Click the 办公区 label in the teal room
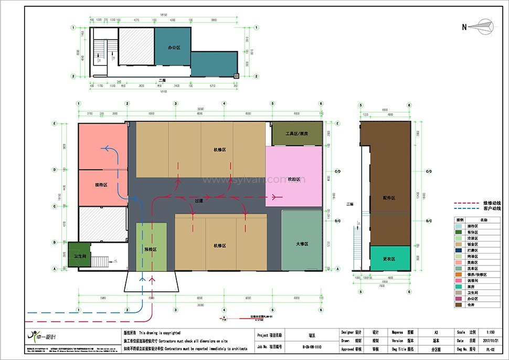tap(174, 47)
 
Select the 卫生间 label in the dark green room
tap(79, 256)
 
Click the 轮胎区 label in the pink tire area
tap(293, 179)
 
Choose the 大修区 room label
tap(302, 244)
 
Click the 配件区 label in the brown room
tap(389, 198)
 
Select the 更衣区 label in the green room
tap(389, 258)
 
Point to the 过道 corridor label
tap(198, 200)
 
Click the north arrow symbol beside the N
tap(482, 26)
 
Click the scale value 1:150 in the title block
tap(490, 332)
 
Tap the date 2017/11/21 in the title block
tap(490, 340)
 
